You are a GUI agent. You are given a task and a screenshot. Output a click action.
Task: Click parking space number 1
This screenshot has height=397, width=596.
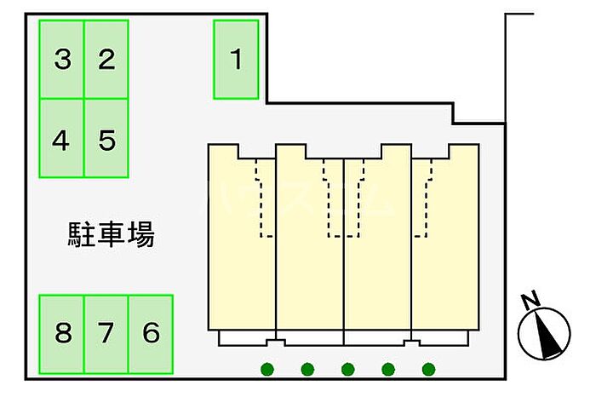click(x=236, y=60)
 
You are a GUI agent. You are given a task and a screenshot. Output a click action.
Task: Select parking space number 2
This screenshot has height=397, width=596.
click(x=106, y=60)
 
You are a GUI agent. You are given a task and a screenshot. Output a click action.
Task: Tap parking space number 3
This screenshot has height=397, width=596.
click(x=62, y=60)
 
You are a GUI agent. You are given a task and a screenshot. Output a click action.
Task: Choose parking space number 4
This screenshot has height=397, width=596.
click(x=61, y=138)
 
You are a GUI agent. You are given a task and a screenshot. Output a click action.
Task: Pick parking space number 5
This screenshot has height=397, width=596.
click(x=106, y=138)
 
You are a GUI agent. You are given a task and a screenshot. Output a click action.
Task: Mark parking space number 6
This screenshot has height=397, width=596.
click(x=151, y=333)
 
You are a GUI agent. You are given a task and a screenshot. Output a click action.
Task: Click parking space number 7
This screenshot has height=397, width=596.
click(x=106, y=333)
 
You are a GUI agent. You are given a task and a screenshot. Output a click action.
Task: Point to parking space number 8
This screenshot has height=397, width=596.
click(x=62, y=333)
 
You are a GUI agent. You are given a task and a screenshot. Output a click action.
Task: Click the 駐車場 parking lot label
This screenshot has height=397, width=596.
click(x=111, y=234)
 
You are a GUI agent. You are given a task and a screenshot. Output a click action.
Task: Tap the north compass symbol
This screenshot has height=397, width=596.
click(x=545, y=333)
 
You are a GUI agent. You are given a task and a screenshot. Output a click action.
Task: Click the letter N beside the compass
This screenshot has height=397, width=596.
click(x=529, y=300)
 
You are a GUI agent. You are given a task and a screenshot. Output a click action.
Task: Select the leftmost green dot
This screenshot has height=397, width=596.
click(x=267, y=370)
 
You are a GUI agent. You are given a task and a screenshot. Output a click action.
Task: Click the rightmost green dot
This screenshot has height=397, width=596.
click(x=429, y=370)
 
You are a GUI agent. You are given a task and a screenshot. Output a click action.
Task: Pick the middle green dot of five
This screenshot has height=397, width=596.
click(x=347, y=370)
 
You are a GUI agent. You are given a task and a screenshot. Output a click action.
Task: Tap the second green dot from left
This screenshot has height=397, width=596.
click(x=307, y=370)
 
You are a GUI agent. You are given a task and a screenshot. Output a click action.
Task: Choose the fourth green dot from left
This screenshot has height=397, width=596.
click(x=388, y=370)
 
